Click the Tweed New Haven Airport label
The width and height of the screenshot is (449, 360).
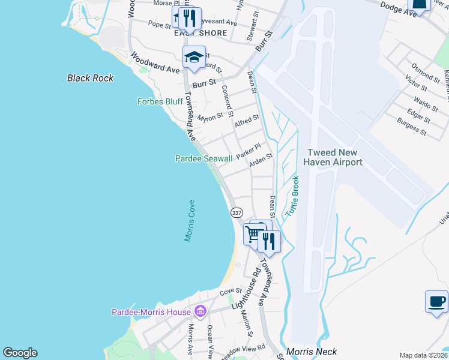pos(334,157)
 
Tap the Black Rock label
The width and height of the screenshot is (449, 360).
pos(91,78)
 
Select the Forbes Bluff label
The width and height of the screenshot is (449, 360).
pos(160,101)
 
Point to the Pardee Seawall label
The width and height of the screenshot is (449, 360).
pos(203,158)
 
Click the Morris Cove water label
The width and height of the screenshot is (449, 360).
pos(190,221)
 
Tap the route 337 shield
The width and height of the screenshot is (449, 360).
pos(237,212)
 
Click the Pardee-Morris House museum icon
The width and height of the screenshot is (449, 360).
pos(200,311)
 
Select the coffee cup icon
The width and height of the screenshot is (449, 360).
pos(436,301)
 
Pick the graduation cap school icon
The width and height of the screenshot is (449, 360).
pos(194,57)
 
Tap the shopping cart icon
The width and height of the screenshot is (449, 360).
pos(253,234)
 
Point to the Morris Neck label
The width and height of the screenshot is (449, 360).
pos(312,352)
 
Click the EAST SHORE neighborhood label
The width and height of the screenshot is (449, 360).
pos(200,34)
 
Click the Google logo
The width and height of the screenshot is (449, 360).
pos(20,353)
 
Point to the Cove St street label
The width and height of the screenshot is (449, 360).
pos(230,292)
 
